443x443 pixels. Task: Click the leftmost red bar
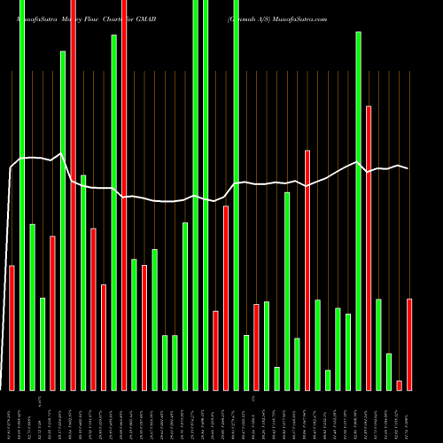pos(12,328)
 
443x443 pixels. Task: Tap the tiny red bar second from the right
pos(400,385)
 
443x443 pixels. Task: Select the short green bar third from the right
pos(389,372)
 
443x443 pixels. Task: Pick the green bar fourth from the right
pos(379,345)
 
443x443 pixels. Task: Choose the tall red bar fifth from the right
pos(369,248)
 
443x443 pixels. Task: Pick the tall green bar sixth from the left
pos(63,221)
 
